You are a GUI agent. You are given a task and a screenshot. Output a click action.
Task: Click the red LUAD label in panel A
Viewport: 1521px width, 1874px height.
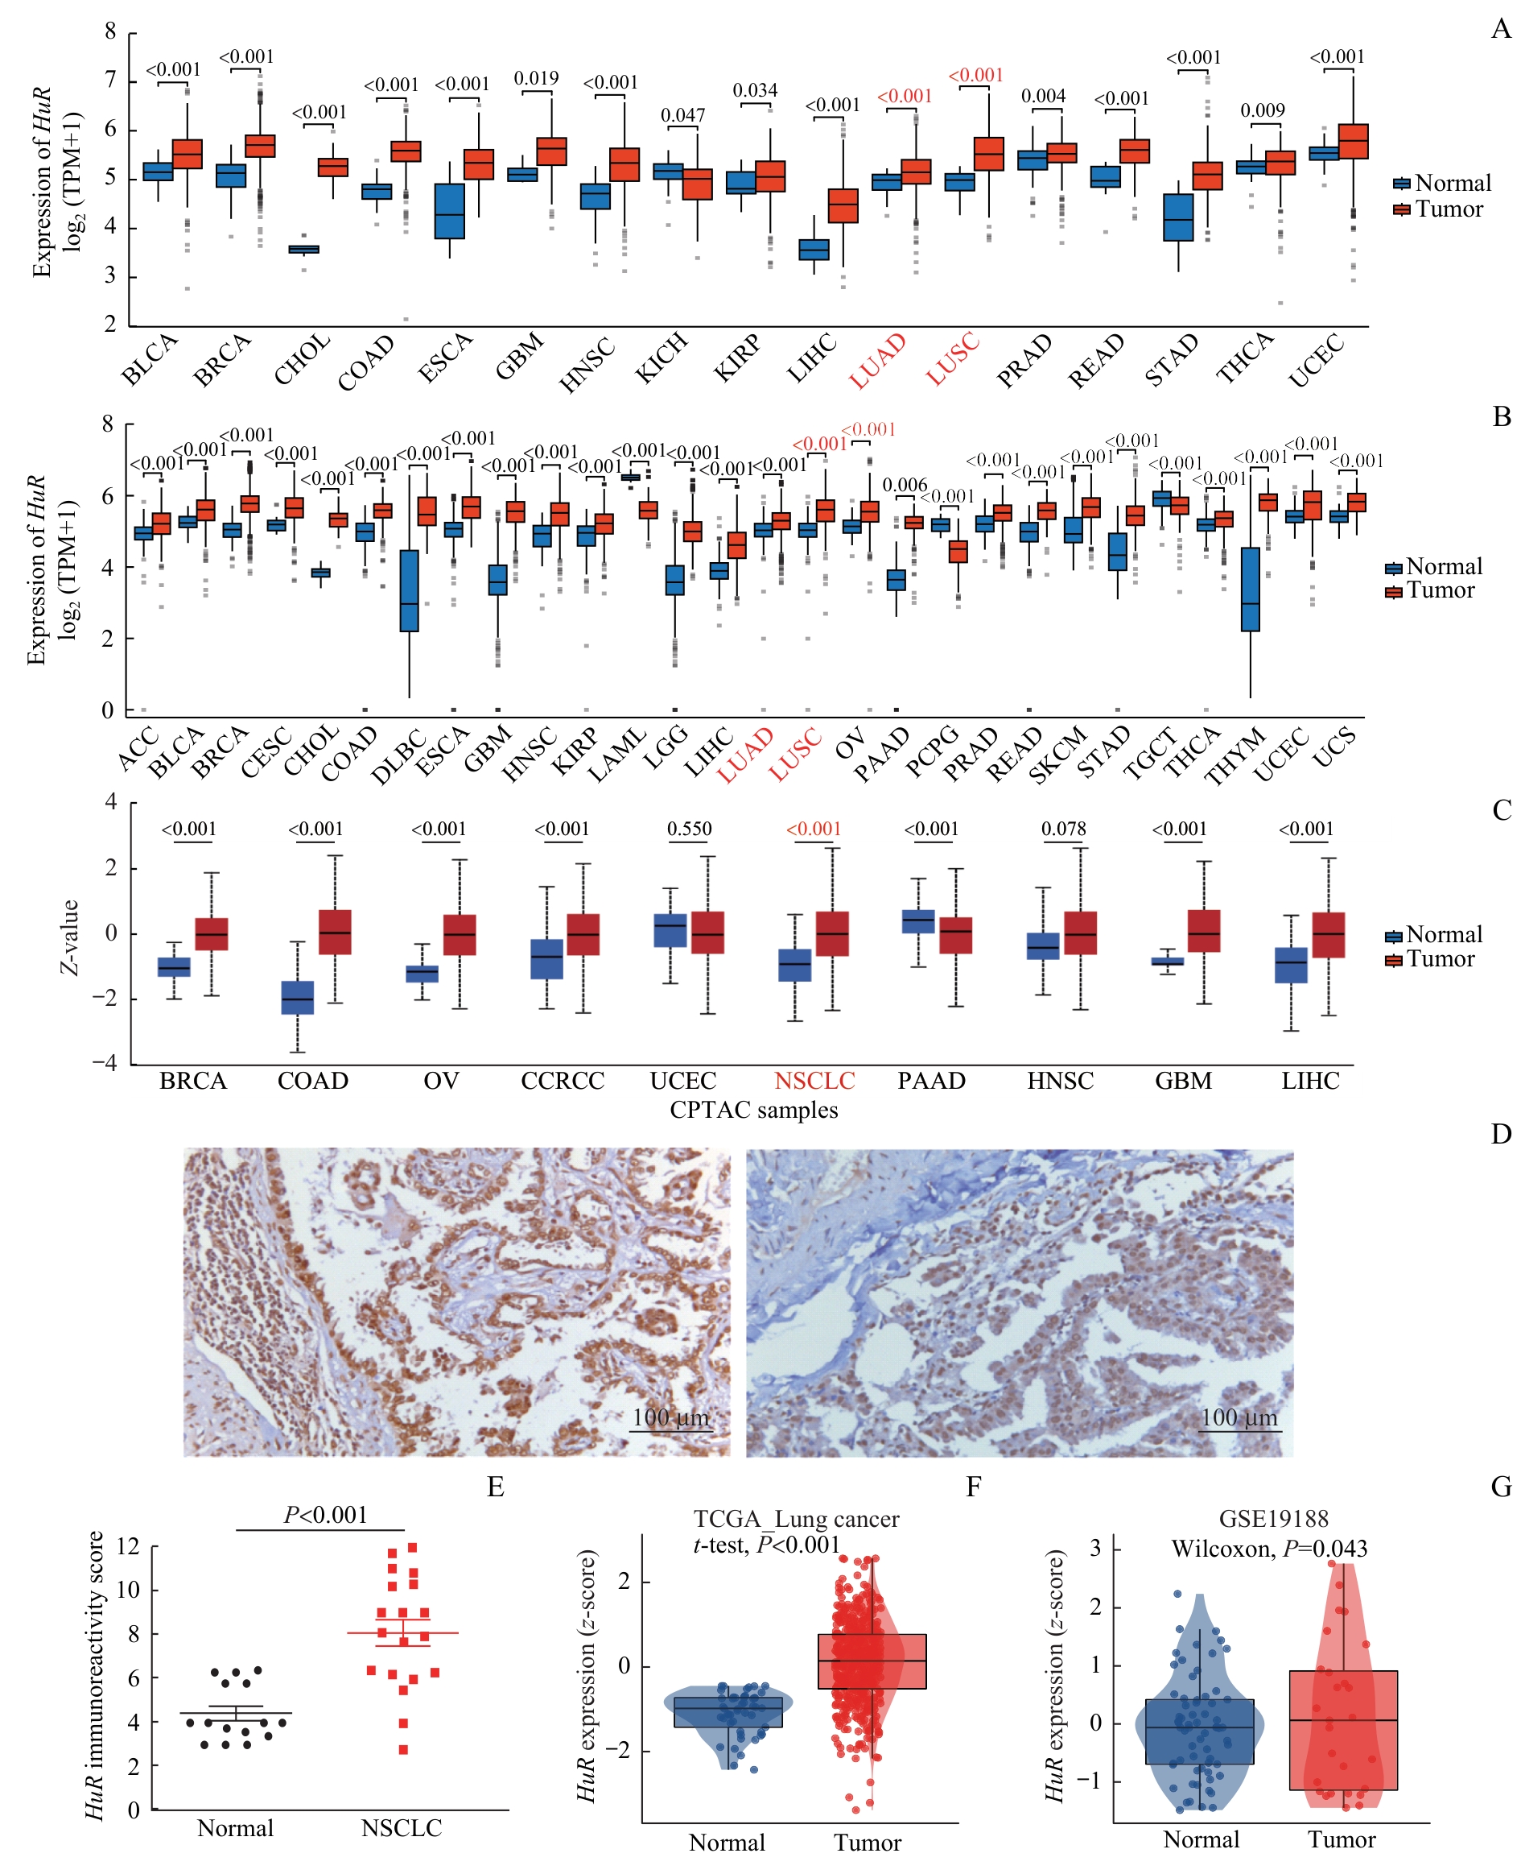tap(877, 361)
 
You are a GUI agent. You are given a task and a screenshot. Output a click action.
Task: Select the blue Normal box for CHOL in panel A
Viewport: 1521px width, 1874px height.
tap(304, 250)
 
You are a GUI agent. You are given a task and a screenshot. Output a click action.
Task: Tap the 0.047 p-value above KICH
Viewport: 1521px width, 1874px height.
tap(682, 116)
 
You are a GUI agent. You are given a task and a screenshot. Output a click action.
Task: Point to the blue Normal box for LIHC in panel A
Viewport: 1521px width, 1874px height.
tap(814, 250)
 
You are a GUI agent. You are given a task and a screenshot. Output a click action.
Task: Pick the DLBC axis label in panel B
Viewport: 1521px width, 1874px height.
tap(398, 755)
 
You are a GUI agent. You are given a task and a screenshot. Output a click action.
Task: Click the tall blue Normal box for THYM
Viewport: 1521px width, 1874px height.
tap(1251, 589)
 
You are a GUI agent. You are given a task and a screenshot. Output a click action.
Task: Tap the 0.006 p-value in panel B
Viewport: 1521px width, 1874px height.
tap(905, 486)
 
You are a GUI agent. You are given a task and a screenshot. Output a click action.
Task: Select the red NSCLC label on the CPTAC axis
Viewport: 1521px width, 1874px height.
tap(814, 1081)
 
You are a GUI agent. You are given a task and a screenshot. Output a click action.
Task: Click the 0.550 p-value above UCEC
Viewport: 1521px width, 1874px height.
tap(690, 829)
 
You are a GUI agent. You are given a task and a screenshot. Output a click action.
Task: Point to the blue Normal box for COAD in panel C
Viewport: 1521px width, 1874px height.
tap(297, 998)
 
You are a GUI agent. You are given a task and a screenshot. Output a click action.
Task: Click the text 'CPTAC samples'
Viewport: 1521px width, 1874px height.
tap(753, 1110)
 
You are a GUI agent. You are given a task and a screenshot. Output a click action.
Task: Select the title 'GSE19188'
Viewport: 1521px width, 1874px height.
tap(1273, 1519)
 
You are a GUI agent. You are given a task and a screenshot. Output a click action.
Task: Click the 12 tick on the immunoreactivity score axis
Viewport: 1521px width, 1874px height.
tap(129, 1546)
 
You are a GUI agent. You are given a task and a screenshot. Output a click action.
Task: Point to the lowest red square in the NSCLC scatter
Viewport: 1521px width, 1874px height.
tap(404, 1749)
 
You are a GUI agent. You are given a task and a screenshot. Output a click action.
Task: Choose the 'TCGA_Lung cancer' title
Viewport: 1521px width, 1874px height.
tap(796, 1519)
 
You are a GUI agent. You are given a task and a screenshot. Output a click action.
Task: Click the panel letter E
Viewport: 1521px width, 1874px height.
tap(496, 1487)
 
